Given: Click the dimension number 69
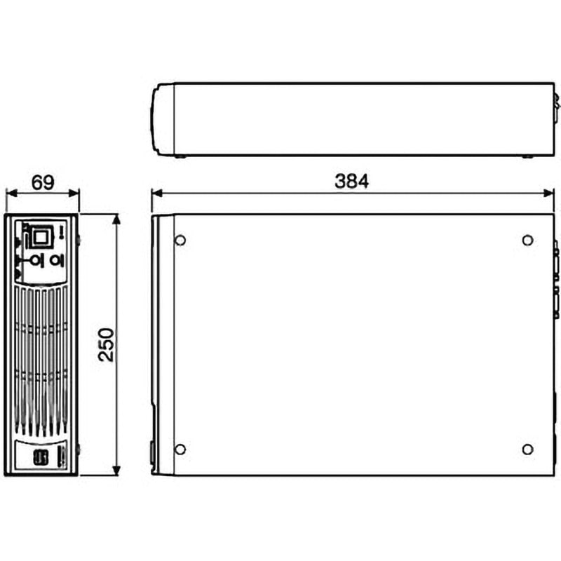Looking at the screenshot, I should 43,182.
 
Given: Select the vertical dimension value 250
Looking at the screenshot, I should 105,344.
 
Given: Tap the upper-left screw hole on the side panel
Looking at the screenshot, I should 180,241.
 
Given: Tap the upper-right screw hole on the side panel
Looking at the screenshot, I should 527,241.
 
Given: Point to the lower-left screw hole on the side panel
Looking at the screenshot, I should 180,449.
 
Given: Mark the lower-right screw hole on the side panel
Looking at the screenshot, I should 527,449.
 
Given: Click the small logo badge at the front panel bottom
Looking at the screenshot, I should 39,457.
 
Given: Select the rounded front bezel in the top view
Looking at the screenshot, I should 162,119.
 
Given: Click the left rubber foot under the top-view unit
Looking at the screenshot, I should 180,156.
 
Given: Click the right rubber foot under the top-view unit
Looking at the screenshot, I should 526,156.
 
